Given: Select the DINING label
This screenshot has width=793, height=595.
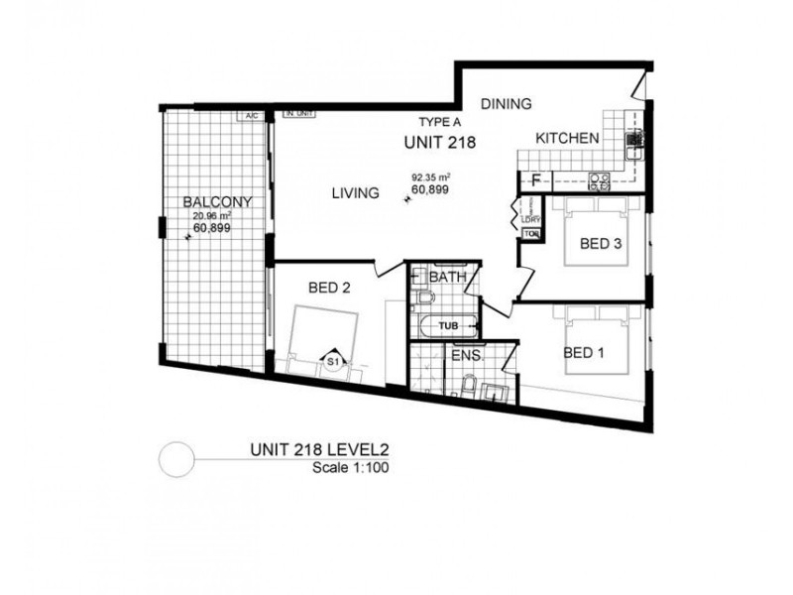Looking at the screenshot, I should pos(508,103).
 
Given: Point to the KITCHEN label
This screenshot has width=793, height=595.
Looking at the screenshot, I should pos(567,139).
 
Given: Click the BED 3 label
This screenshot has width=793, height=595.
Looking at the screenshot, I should pos(601,243).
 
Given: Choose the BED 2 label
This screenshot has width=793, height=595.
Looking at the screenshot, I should pos(330,289).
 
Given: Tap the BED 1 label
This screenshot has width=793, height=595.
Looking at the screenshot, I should pos(583,352).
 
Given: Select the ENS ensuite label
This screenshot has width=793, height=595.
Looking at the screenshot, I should pos(465,354).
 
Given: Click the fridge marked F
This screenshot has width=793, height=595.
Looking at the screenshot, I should pos(535,180).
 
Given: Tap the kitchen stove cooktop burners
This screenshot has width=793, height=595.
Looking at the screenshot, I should pos(600,180).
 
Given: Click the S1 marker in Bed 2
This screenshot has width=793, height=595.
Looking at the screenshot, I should pos(334,363).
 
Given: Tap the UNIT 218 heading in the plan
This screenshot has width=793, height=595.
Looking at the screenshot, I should pos(439,142).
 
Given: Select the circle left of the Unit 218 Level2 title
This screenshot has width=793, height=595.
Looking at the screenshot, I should pos(174,457).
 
